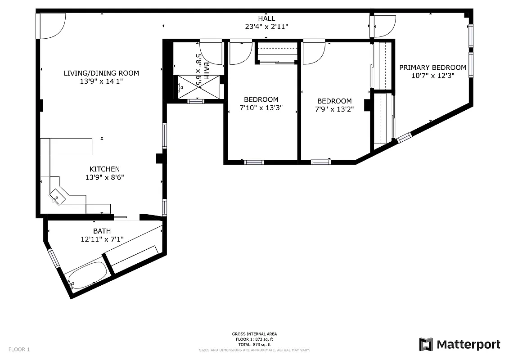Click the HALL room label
coord(266,18)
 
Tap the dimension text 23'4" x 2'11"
coord(266,27)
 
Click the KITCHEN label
coord(104,169)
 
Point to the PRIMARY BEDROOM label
coord(432,67)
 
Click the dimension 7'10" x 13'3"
coord(261,108)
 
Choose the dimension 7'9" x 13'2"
coord(334,109)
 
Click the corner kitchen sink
coord(57,197)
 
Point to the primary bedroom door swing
coord(384,26)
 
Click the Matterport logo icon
coord(426,344)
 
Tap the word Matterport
coord(468,345)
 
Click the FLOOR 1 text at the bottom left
coord(19,349)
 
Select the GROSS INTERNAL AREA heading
coord(255,334)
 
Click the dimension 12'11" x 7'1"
coord(102,239)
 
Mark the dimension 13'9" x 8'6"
coord(104,177)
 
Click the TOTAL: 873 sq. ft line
coord(255,344)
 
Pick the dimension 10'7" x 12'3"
coord(432,76)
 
